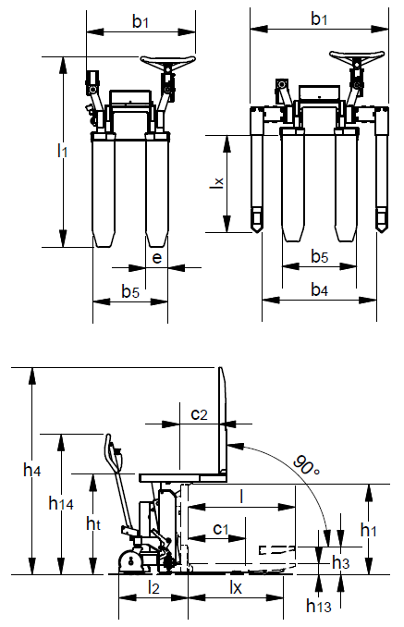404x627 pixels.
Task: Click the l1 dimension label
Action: tap(62, 151)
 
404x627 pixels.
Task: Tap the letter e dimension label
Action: tap(156, 258)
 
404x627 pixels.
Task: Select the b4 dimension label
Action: tap(319, 290)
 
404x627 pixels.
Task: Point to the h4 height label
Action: tap(32, 471)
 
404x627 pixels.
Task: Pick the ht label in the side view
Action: tap(92, 523)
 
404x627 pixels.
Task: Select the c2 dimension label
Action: tap(199, 414)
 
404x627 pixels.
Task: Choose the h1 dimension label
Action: tap(369, 530)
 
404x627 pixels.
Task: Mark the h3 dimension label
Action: tap(341, 561)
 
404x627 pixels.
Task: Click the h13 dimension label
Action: tap(320, 604)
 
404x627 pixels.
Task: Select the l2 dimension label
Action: tap(153, 587)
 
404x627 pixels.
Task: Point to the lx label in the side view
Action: tap(235, 587)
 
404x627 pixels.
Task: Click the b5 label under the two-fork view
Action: tap(130, 291)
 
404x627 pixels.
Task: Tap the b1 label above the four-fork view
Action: tap(320, 18)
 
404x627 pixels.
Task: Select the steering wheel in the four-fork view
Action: tap(360, 57)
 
